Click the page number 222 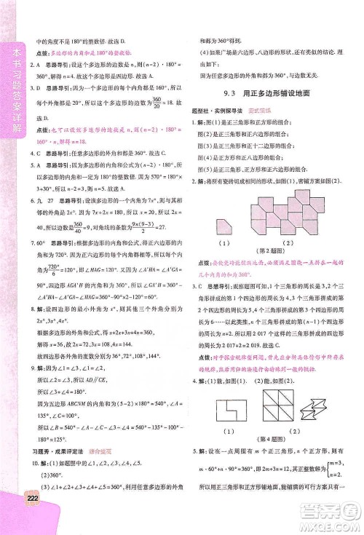coord(10,518)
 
